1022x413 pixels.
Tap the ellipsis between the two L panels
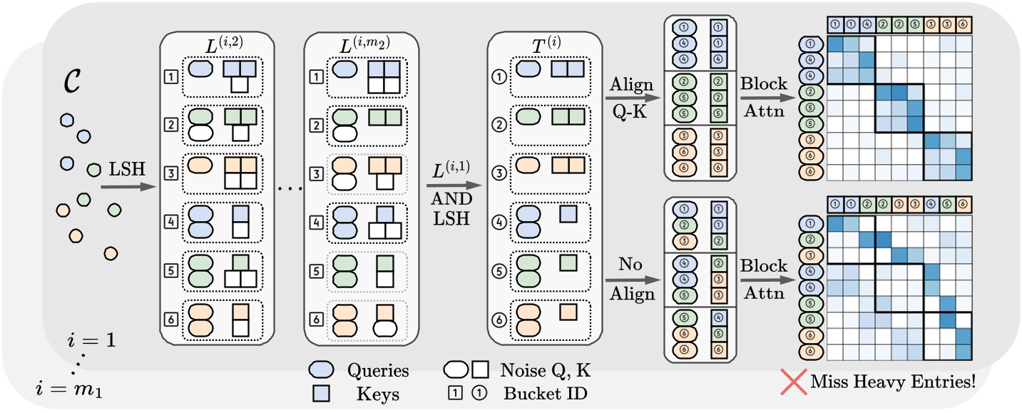click(x=291, y=189)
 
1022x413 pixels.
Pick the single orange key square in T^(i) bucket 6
click(x=568, y=312)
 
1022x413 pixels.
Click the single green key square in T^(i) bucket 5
click(x=568, y=262)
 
